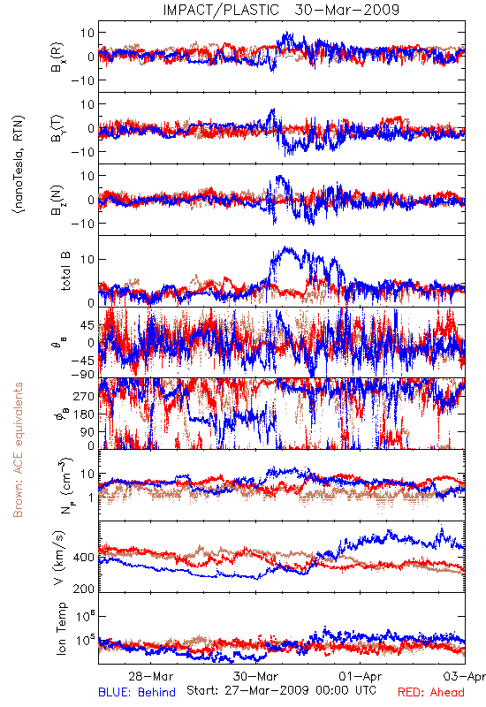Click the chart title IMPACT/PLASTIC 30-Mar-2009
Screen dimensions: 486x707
(281, 10)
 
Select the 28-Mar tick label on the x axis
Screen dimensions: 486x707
(150, 676)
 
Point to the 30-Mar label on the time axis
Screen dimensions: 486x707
(255, 676)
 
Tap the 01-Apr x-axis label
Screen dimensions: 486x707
(361, 676)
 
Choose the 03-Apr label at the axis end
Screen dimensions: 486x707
(465, 676)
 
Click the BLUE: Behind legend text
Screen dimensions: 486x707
(137, 692)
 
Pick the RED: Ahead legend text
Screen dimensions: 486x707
(430, 692)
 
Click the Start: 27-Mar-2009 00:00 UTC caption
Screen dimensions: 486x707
(281, 690)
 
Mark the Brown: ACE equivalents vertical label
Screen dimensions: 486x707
(18, 450)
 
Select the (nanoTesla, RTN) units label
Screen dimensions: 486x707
(19, 164)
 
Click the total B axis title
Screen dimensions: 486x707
(65, 271)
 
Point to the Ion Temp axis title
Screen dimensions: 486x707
(61, 628)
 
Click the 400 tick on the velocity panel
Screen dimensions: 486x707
(83, 558)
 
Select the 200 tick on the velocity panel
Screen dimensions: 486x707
(83, 589)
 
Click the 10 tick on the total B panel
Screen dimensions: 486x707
(87, 259)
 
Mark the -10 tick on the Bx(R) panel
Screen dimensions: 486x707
(82, 80)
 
